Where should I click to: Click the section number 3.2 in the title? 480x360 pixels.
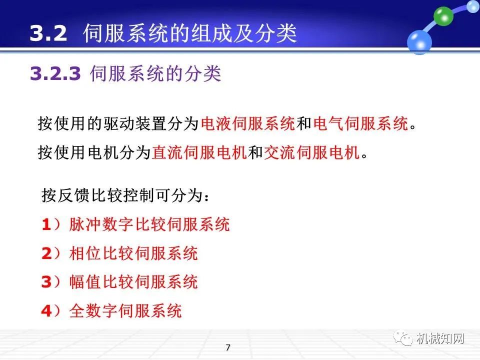pyautogui.click(x=48, y=33)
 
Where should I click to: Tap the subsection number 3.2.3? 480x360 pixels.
pyautogui.click(x=55, y=74)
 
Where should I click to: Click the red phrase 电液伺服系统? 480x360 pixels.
pyautogui.click(x=247, y=123)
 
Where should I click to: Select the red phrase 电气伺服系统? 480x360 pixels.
pyautogui.click(x=360, y=123)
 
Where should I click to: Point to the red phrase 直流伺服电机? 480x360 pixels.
pyautogui.click(x=199, y=152)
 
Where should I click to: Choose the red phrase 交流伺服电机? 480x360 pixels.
pyautogui.click(x=311, y=152)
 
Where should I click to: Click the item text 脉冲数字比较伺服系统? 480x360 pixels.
pyautogui.click(x=149, y=224)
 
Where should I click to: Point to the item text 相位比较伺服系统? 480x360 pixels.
pyautogui.click(x=133, y=253)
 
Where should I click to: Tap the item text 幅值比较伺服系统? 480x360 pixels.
pyautogui.click(x=133, y=282)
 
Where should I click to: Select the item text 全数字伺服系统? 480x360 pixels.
pyautogui.click(x=125, y=311)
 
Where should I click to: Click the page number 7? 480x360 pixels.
pyautogui.click(x=228, y=347)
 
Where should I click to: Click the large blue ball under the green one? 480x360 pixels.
pyautogui.click(x=419, y=41)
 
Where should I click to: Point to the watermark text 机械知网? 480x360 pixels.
pyautogui.click(x=440, y=338)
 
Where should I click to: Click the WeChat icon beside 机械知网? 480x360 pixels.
pyautogui.click(x=404, y=338)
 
